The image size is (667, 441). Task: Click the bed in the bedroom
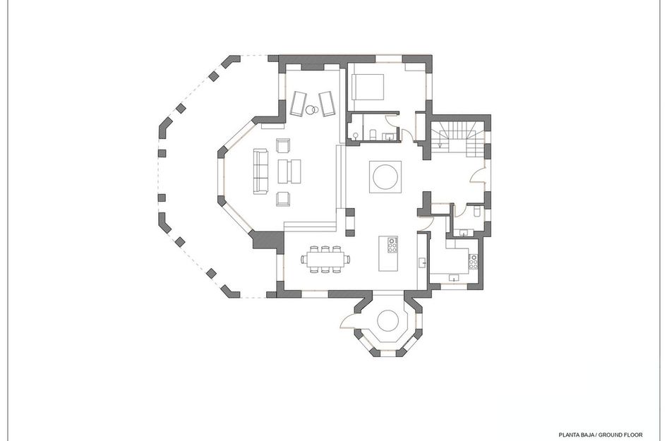[368, 87]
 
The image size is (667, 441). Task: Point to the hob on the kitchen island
[392, 244]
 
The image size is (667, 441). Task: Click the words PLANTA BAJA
[577, 435]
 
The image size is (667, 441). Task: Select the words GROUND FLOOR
[619, 435]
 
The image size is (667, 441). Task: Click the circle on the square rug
[385, 176]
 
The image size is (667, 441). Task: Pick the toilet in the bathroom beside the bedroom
[371, 135]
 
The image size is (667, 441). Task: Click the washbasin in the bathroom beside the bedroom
[389, 136]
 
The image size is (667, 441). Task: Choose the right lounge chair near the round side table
[327, 103]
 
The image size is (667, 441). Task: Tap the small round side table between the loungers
[311, 109]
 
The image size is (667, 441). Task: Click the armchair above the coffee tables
[284, 147]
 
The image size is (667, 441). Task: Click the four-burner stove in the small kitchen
[474, 262]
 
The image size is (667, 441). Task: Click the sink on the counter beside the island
[422, 262]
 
